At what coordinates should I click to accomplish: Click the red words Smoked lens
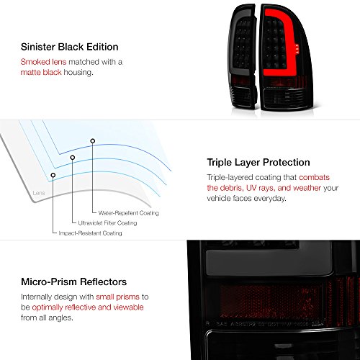pos(37,63)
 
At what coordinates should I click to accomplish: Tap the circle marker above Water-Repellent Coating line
pos(92,140)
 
